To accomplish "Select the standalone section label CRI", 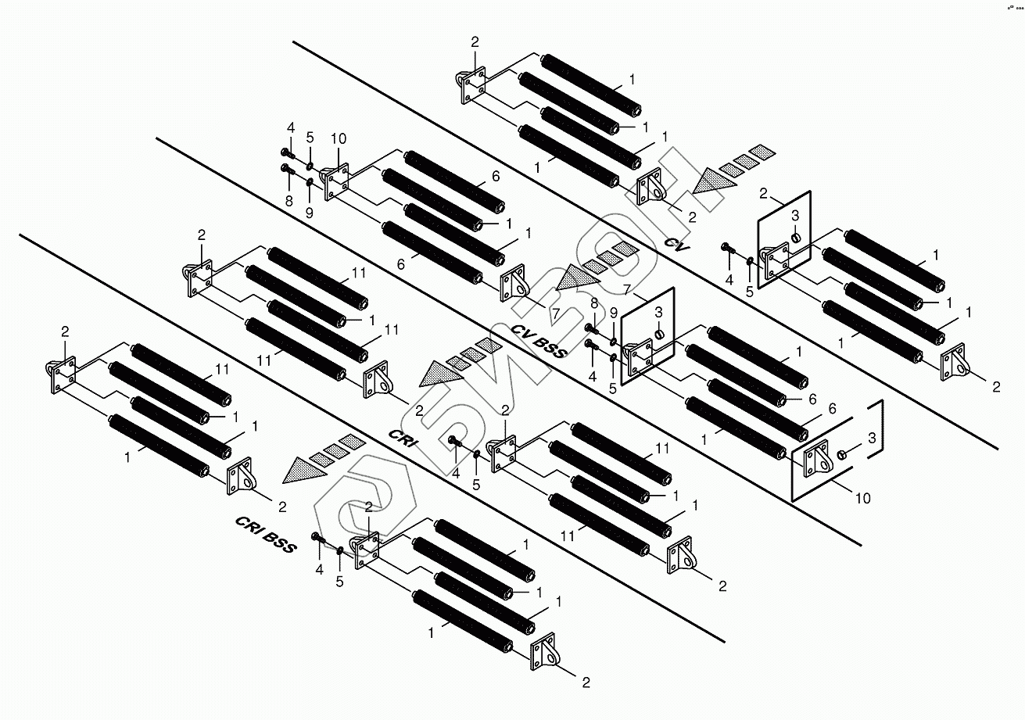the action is (x=404, y=439).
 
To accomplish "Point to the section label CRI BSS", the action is (x=266, y=534).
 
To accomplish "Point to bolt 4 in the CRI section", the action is (x=453, y=442).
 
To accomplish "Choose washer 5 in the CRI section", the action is (x=477, y=454).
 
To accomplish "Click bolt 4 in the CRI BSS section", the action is (x=317, y=538).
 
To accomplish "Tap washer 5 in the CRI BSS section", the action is (x=340, y=550).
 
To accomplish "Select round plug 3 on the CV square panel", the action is (x=796, y=236).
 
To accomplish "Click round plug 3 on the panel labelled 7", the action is (x=658, y=334).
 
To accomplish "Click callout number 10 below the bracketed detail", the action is (x=863, y=497).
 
